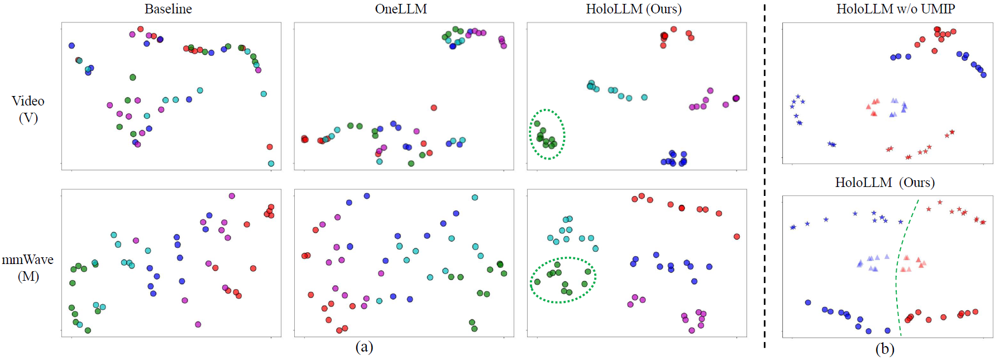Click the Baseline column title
point(168,9)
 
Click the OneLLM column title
point(401,9)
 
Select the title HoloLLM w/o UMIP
point(895,9)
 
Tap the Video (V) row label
point(28,109)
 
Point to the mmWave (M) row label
point(28,267)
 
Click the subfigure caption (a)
point(364,347)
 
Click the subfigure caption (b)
point(884,349)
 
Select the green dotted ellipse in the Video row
point(547,135)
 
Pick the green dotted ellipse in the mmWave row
point(563,280)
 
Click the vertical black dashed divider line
point(764,179)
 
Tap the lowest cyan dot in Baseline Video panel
point(271,164)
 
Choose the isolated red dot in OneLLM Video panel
point(434,108)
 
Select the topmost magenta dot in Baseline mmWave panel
point(232,196)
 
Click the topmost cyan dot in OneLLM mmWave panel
point(475,198)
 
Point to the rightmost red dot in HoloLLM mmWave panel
point(736,237)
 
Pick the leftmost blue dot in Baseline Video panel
point(71,46)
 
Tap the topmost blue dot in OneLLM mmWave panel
point(367,196)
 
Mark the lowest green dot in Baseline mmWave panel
point(88,330)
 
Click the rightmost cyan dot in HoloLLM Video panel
point(644,97)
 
